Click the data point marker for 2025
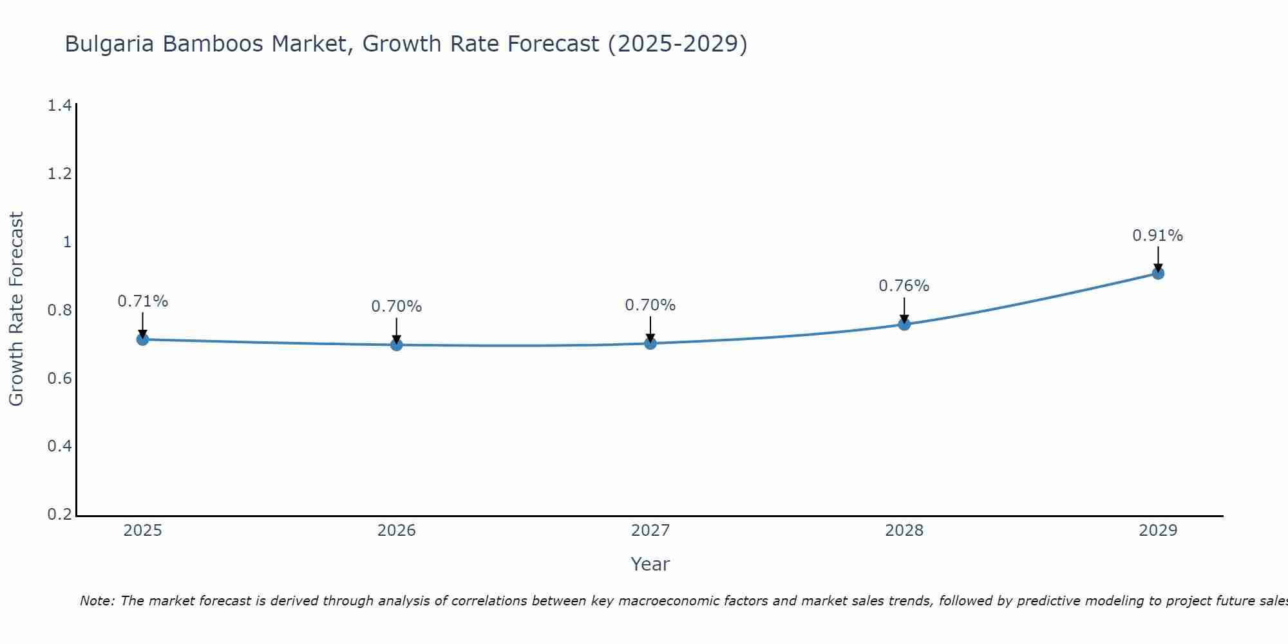pos(142,339)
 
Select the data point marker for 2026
pos(396,345)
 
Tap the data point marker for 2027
pos(650,343)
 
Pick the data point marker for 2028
pos(904,324)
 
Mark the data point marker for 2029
pos(1157,273)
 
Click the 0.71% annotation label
pos(142,301)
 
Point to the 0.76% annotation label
pos(904,286)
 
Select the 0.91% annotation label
pos(1157,236)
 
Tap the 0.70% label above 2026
pos(396,307)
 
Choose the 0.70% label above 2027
pos(650,305)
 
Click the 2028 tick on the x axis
pos(904,531)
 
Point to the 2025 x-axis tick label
pos(142,531)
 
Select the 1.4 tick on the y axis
pos(59,106)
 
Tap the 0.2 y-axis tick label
pos(59,515)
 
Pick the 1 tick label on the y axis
pos(66,242)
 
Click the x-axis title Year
pos(650,564)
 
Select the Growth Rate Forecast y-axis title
pos(16,309)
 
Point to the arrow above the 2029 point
pos(1157,259)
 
